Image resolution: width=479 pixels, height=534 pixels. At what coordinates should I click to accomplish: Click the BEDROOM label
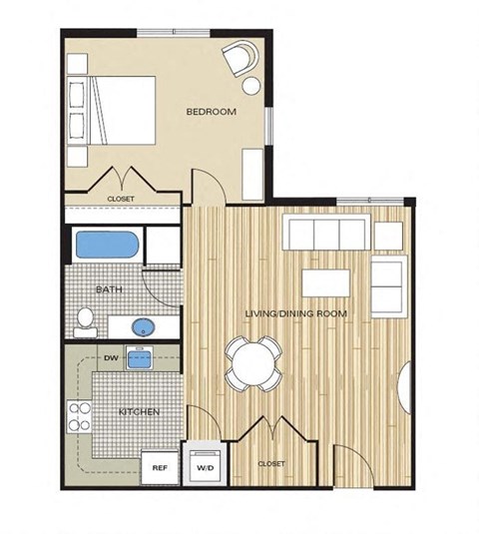coord(212,112)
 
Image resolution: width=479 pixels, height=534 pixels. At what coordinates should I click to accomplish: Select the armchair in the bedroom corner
coord(239,59)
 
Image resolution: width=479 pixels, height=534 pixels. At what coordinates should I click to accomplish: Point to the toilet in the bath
coord(86,319)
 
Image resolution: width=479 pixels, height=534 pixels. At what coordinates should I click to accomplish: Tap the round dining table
coord(254,361)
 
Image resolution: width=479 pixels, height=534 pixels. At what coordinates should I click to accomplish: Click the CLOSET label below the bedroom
coord(121,200)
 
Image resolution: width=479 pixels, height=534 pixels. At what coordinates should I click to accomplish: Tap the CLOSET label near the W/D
coord(271,464)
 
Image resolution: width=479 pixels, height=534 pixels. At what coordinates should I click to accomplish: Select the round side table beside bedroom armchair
coord(251,86)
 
